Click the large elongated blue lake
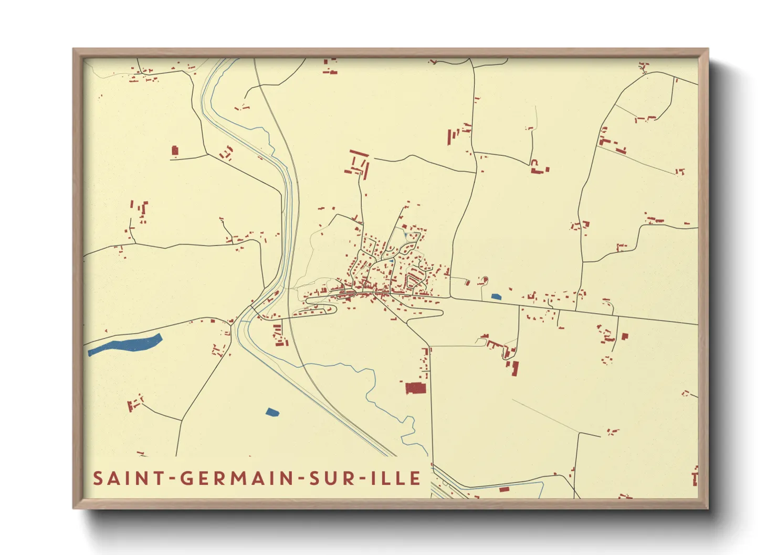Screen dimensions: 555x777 pos(125,344)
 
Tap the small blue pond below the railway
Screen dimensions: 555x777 pos(272,412)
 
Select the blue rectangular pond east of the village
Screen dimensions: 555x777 pos(496,296)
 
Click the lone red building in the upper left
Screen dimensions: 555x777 pos(175,151)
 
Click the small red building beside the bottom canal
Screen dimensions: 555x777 pos(504,489)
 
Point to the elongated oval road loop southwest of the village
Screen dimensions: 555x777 pos(320,306)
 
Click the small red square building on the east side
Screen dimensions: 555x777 pos(624,336)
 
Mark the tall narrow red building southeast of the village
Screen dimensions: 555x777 pos(514,368)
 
